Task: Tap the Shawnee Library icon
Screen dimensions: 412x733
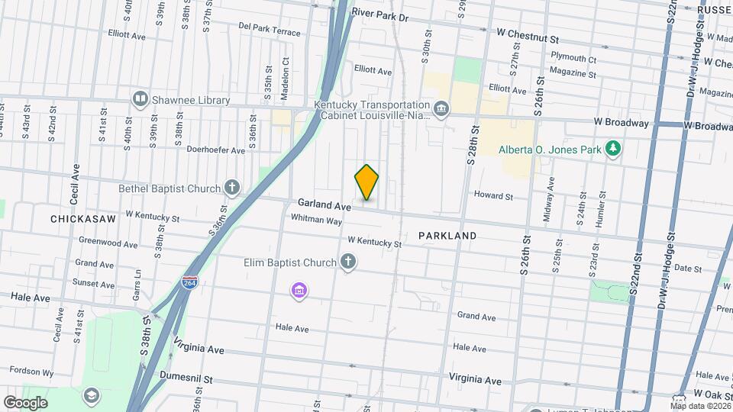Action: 140,99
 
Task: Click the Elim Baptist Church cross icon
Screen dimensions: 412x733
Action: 348,263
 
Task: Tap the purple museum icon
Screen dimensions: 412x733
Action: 299,291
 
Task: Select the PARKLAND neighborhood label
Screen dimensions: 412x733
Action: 447,236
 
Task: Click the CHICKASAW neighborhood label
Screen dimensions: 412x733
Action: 82,219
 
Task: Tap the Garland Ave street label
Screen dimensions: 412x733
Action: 324,204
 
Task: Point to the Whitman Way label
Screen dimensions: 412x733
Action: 316,220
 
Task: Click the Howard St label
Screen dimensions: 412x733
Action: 492,195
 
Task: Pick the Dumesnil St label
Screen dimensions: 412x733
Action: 186,378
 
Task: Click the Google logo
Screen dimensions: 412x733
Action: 25,402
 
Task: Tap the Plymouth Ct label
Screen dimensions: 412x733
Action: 573,58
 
